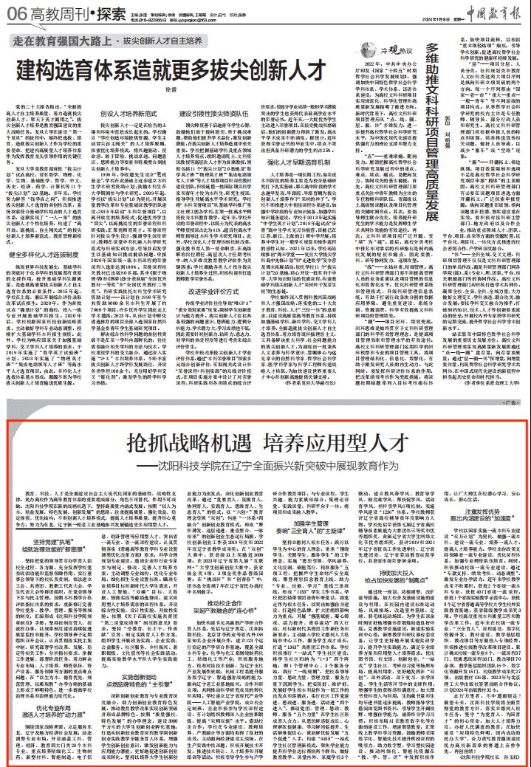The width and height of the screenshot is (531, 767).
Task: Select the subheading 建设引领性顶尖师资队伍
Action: point(213,114)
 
